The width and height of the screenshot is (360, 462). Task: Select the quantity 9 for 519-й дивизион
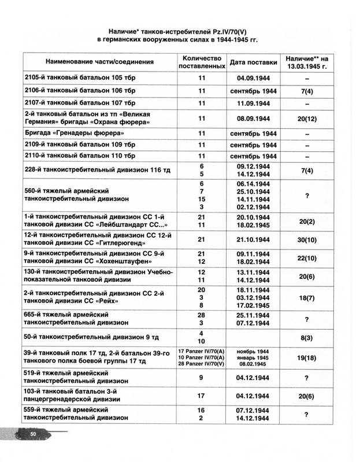(202, 377)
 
